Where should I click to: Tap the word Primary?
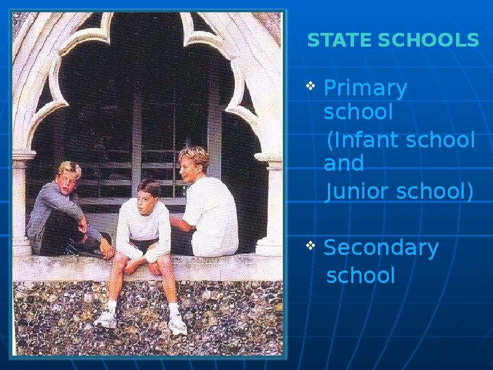(365, 89)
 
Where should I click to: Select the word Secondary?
(381, 247)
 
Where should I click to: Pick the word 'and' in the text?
(343, 164)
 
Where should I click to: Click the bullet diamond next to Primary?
(310, 86)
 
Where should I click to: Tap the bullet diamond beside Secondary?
(310, 245)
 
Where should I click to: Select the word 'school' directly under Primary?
(357, 112)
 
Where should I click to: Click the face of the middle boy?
(145, 197)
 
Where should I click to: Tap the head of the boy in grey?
(68, 177)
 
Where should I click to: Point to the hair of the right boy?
(194, 154)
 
